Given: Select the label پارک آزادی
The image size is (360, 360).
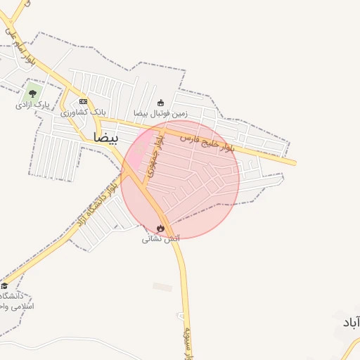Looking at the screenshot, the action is (32, 105).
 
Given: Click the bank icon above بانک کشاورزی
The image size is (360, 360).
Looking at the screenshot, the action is (83, 101).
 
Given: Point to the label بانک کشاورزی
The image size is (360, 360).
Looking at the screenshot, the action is (83, 112).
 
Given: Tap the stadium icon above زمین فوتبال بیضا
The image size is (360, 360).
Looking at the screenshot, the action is (161, 102).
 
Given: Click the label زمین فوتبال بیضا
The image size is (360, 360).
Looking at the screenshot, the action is (161, 113).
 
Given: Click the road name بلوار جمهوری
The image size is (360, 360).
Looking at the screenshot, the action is (158, 156).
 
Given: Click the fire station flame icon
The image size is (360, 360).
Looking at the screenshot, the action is (161, 228).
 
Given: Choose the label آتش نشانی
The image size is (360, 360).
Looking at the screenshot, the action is (161, 239).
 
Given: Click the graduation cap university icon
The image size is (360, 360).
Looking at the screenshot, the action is (4, 285).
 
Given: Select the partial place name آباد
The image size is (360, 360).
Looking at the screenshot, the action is (350, 322).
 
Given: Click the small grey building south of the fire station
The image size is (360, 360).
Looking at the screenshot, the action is (162, 287).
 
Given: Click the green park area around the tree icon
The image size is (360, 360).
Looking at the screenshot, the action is (32, 92).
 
